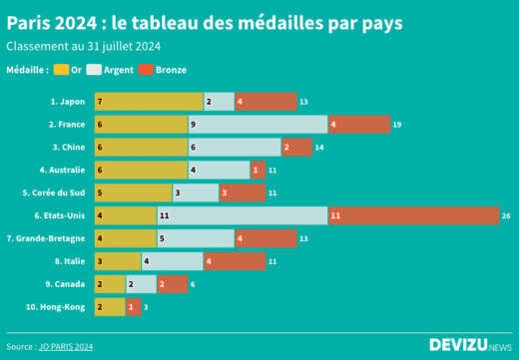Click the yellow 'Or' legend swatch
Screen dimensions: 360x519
tap(62, 70)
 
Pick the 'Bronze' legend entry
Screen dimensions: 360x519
tap(163, 70)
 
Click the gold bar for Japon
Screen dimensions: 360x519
tap(148, 101)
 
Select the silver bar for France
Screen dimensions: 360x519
tap(258, 124)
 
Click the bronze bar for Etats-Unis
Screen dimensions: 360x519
tap(412, 215)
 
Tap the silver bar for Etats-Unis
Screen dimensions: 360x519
tap(242, 215)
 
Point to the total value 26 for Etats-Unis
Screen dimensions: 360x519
tap(506, 215)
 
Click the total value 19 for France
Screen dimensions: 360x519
tap(397, 124)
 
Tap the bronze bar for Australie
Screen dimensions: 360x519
tap(258, 170)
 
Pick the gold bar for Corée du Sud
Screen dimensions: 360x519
tap(133, 192)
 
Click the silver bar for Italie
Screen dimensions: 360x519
tap(172, 261)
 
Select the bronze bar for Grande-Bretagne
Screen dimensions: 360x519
tap(265, 238)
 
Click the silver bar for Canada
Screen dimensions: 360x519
tap(141, 284)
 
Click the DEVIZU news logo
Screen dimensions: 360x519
tap(469, 345)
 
